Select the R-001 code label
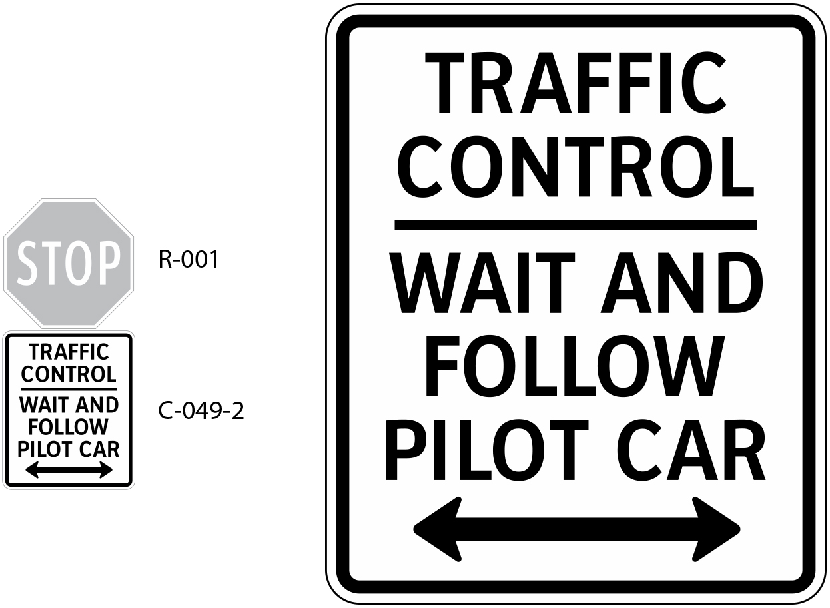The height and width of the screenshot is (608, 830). click(x=189, y=260)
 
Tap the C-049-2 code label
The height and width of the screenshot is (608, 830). click(x=201, y=411)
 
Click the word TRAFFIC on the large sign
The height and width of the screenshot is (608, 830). click(x=575, y=84)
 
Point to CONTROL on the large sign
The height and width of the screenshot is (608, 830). click(x=575, y=166)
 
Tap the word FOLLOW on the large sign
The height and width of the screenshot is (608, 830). click(x=575, y=366)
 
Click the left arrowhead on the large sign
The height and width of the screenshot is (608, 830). click(x=436, y=529)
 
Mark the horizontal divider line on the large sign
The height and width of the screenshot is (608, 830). click(x=575, y=224)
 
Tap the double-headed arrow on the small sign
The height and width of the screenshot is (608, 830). click(x=69, y=471)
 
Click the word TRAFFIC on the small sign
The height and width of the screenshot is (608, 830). click(x=69, y=352)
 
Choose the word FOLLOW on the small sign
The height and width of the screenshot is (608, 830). click(x=69, y=427)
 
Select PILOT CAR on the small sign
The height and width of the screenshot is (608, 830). click(x=69, y=449)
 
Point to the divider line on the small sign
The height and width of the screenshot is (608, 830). click(x=69, y=388)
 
